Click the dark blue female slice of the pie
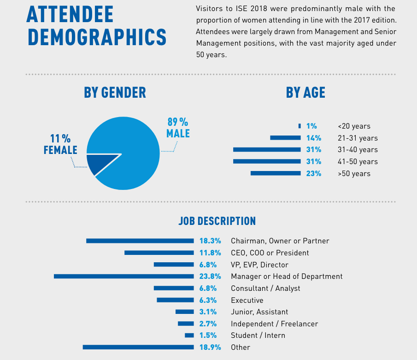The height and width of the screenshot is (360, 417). pyautogui.click(x=99, y=164)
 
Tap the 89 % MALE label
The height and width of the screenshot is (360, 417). pyautogui.click(x=178, y=128)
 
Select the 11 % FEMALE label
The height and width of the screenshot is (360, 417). pyautogui.click(x=60, y=144)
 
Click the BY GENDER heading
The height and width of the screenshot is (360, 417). pyautogui.click(x=115, y=93)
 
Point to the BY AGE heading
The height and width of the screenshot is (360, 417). pyautogui.click(x=305, y=93)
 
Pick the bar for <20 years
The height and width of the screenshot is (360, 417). pyautogui.click(x=300, y=126)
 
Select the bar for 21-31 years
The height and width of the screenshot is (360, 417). pyautogui.click(x=285, y=138)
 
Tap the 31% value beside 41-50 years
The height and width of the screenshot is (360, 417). pyautogui.click(x=313, y=162)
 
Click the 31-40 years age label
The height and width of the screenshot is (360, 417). pyautogui.click(x=357, y=150)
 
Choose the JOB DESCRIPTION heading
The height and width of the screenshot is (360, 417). pyautogui.click(x=217, y=221)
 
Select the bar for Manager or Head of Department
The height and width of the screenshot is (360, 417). pyautogui.click(x=123, y=277)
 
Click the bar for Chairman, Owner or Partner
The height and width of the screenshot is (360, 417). pyautogui.click(x=140, y=241)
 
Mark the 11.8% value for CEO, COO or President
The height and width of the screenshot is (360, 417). pyautogui.click(x=210, y=253)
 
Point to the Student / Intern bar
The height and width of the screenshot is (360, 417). pyautogui.click(x=189, y=336)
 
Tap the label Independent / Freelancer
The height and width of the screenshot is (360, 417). pyautogui.click(x=274, y=324)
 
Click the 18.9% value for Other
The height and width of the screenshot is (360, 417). pyautogui.click(x=210, y=347)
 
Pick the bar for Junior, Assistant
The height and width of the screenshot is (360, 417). pyautogui.click(x=184, y=312)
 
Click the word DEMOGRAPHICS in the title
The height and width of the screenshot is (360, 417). pyautogui.click(x=96, y=37)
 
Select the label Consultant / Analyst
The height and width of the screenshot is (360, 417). pyautogui.click(x=265, y=288)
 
